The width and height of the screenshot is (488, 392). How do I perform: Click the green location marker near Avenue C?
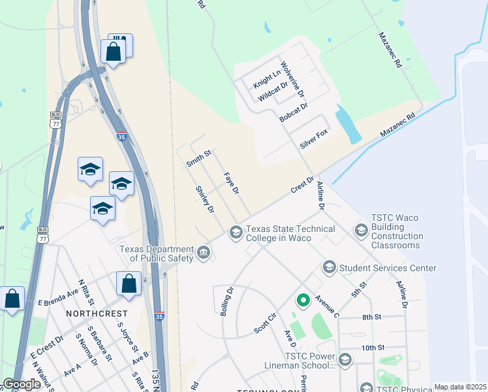point(303,301)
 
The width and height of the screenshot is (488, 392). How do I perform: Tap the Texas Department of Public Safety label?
point(156,253)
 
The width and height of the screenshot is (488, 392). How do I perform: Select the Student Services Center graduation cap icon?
point(329,268)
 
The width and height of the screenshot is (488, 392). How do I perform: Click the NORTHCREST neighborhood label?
point(91,314)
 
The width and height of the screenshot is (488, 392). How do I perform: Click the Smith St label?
point(199,157)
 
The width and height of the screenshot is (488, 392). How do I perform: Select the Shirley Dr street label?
point(205,200)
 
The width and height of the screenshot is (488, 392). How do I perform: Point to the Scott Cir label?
point(266,323)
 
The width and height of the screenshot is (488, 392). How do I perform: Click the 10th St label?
point(374,347)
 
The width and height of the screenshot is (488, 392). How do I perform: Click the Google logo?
point(22,384)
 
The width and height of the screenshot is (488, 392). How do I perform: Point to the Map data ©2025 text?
point(460,387)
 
